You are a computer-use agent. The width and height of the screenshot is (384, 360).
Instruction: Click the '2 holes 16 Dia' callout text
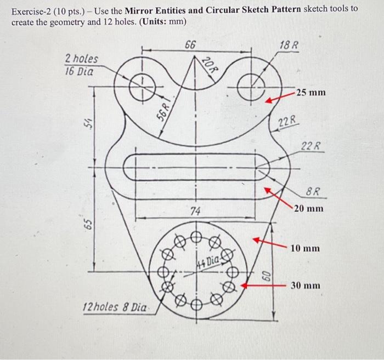click(82, 65)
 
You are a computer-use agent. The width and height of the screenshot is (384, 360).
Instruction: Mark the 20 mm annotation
click(308, 208)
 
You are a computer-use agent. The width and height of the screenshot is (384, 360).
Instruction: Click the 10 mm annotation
click(305, 248)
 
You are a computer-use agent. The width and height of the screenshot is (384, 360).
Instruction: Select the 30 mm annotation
click(305, 285)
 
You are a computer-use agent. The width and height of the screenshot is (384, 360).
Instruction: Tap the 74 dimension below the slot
click(195, 211)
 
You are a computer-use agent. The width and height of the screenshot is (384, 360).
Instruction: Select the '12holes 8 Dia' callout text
click(114, 307)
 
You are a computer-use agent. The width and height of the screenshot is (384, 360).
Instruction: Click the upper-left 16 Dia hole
click(141, 86)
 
